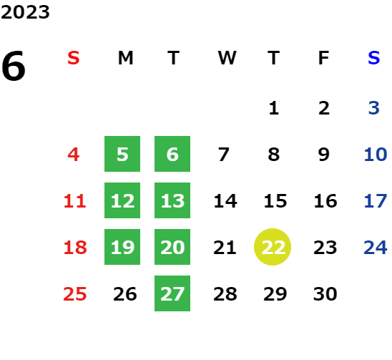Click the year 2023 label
click(25, 12)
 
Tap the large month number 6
click(14, 66)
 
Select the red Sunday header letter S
click(74, 58)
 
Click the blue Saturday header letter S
click(374, 58)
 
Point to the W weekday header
click(227, 58)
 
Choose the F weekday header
click(324, 58)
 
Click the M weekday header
click(125, 58)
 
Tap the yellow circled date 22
click(273, 247)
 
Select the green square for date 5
click(122, 154)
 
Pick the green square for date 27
click(172, 293)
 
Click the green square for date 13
click(172, 200)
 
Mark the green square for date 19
click(122, 247)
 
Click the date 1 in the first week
click(274, 108)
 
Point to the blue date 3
click(374, 108)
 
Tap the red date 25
click(75, 293)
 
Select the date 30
click(325, 293)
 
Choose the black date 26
click(125, 293)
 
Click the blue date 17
click(376, 200)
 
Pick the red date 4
click(74, 155)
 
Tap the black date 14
click(225, 200)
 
